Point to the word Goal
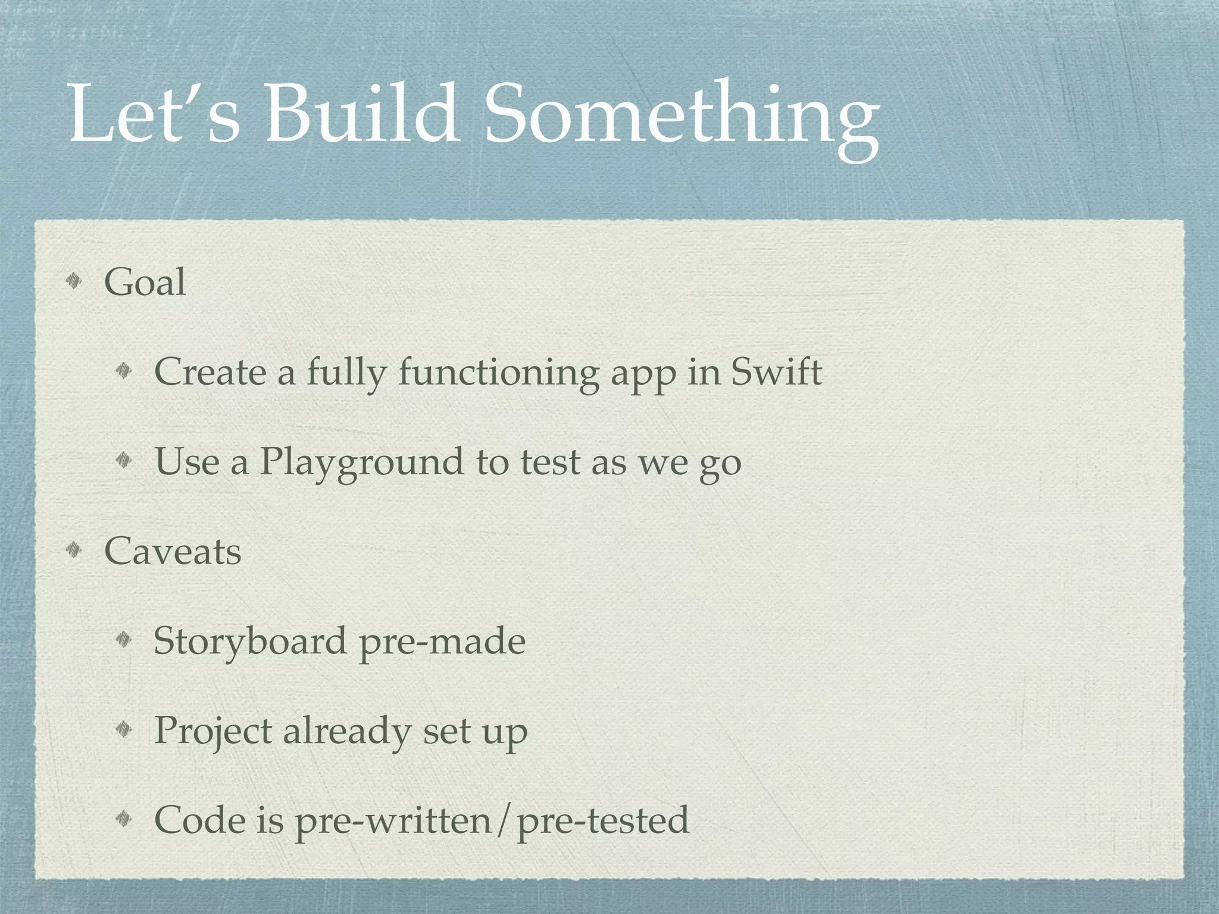click(145, 282)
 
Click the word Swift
click(776, 373)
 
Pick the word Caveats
click(173, 551)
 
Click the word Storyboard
click(251, 641)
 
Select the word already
click(346, 731)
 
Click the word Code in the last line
click(200, 820)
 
